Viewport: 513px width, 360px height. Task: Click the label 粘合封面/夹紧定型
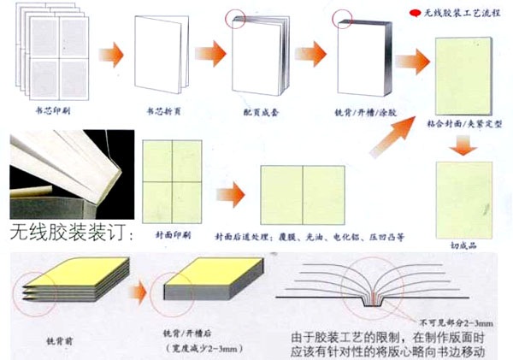pos(462,122)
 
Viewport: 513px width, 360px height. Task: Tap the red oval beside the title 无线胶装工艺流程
pos(413,14)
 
